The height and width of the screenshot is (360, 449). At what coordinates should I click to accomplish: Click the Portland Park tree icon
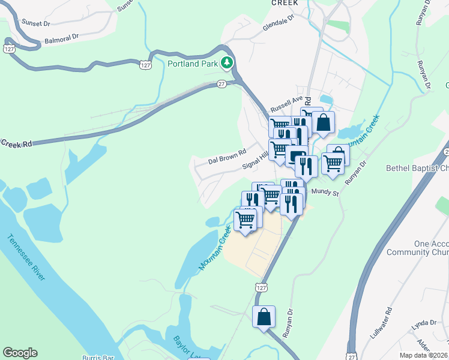(226, 62)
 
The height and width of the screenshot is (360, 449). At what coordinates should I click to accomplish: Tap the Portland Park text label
(193, 62)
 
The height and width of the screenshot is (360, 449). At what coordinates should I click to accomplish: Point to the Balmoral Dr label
(62, 39)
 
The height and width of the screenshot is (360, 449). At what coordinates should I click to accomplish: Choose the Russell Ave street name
(286, 105)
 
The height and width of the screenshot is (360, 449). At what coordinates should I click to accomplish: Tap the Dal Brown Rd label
(228, 157)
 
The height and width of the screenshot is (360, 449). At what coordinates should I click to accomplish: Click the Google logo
(20, 353)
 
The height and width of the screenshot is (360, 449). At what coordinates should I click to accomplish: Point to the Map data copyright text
(424, 355)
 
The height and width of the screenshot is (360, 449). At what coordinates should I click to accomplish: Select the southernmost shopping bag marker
(264, 317)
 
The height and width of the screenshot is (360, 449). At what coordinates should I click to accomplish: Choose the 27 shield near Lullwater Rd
(352, 355)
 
